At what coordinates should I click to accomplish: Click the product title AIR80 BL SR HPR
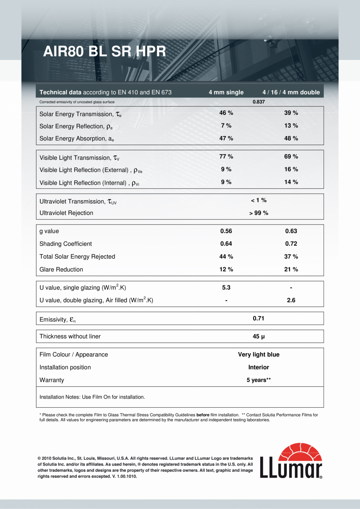(x=104, y=52)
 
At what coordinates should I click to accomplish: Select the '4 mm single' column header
(x=226, y=93)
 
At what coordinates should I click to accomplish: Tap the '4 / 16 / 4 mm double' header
(x=291, y=93)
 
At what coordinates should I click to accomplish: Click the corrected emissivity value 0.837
(x=259, y=102)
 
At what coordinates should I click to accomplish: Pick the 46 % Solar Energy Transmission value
(x=226, y=113)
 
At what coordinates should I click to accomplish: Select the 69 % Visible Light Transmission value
(x=291, y=156)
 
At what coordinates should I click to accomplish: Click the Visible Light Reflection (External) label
(x=94, y=171)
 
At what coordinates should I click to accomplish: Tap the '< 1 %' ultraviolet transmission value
(x=259, y=200)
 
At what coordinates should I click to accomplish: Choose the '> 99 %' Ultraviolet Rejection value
(x=259, y=213)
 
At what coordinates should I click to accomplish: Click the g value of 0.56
(x=226, y=231)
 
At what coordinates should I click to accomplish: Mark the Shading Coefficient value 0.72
(x=291, y=244)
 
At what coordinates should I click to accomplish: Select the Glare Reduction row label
(x=61, y=270)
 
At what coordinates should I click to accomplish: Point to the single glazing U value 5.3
(x=226, y=288)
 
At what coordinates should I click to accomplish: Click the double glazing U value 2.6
(x=291, y=300)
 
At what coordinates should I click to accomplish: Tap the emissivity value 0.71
(x=259, y=318)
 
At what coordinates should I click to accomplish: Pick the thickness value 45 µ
(x=259, y=336)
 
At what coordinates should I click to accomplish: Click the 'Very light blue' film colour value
(x=259, y=355)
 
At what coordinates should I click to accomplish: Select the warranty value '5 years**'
(x=259, y=380)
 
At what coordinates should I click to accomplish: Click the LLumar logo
(x=291, y=461)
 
